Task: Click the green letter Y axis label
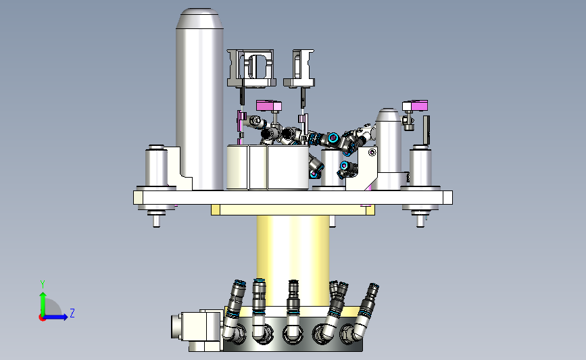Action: pos(43,284)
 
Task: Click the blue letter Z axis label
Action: pos(72,313)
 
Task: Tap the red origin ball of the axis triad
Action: pos(42,318)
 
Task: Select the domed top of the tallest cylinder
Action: pos(199,19)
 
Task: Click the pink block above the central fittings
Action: pos(269,105)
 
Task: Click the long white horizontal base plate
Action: pos(293,197)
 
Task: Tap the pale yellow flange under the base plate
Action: pos(293,210)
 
